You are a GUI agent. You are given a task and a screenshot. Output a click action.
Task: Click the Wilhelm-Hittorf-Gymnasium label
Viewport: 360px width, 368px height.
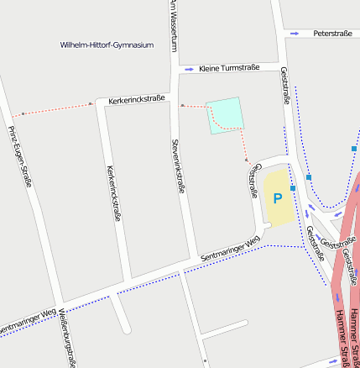click(x=107, y=45)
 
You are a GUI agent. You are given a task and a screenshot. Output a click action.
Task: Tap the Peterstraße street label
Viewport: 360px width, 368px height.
click(x=331, y=33)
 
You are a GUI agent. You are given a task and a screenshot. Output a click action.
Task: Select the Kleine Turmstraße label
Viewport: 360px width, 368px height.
click(x=229, y=67)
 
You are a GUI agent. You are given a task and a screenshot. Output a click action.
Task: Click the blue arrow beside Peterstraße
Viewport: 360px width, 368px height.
click(x=295, y=33)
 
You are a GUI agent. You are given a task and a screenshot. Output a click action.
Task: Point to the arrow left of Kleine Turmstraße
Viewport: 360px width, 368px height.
click(x=190, y=68)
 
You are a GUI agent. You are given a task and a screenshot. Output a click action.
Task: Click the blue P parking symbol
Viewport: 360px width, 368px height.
click(x=277, y=198)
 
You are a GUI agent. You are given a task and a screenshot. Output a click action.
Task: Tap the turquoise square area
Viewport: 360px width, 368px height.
click(x=225, y=115)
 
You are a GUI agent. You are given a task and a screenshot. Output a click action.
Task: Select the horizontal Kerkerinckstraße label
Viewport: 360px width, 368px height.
click(x=136, y=100)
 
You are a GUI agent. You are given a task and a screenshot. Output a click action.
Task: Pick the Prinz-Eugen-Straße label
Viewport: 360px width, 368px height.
click(x=19, y=155)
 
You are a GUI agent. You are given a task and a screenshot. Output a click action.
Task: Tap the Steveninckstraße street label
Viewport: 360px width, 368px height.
click(x=178, y=166)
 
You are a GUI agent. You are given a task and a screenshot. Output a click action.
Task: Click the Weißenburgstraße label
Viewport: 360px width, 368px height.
click(x=68, y=339)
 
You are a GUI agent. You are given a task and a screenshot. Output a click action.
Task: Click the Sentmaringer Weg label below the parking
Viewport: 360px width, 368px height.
click(x=230, y=249)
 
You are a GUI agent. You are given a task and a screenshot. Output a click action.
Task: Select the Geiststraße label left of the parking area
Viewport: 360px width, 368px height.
click(x=253, y=180)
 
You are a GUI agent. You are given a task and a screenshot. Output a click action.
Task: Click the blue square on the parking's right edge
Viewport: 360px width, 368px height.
click(x=293, y=189)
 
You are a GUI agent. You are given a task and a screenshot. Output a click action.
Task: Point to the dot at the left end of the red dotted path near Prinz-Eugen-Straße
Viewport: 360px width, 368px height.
click(x=23, y=113)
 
